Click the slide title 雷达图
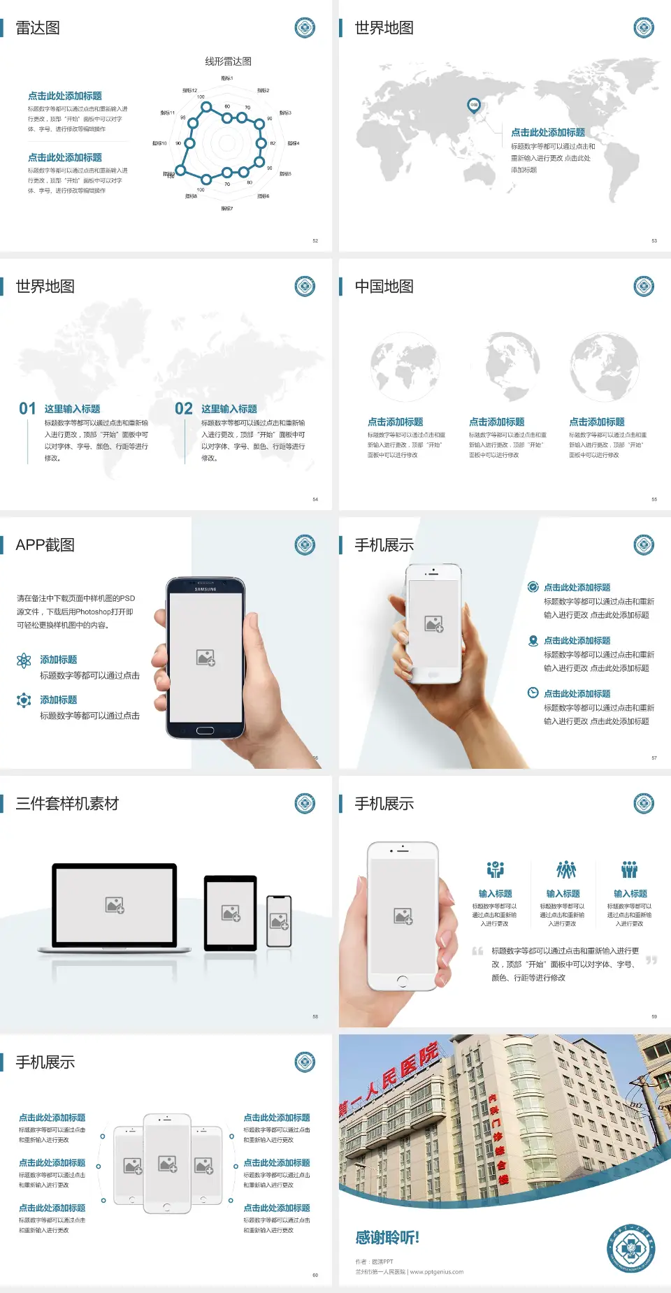coord(38,28)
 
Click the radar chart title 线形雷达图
coord(228,62)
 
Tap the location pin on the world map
coord(474,106)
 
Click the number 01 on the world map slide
coord(27,409)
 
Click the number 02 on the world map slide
coord(184,409)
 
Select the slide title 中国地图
coord(384,287)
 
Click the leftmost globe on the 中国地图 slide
coord(405,367)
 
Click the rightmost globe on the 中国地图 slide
coord(604,367)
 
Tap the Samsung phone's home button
coord(205,730)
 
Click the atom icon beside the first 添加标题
coord(24,660)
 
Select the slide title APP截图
coord(45,545)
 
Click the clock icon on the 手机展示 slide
coord(533,693)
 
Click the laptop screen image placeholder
coord(115,905)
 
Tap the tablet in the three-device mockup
coord(230,912)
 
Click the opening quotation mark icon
coord(477,951)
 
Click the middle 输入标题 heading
coord(563,894)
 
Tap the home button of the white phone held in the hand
coord(402,981)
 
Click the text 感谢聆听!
coord(387,1238)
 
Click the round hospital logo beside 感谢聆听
coord(630,1248)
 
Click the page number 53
coord(654,240)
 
